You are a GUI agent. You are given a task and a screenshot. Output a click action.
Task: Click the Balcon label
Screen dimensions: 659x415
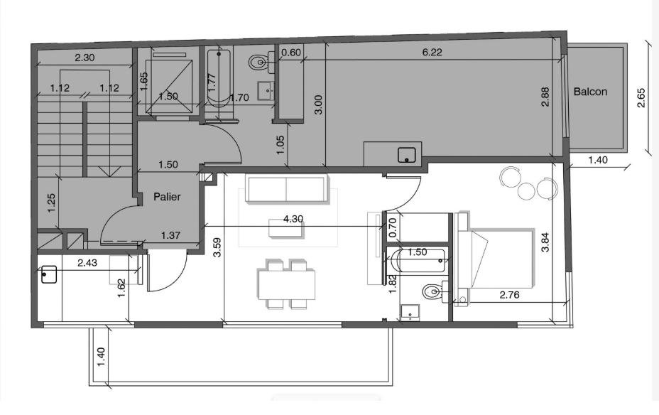coord(590,92)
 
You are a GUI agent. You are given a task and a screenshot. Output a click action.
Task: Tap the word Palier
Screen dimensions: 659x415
coord(167,196)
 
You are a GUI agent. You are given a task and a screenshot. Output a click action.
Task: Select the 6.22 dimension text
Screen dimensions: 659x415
coord(432,52)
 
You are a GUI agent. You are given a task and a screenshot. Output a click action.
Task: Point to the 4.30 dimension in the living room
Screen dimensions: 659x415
coord(293,219)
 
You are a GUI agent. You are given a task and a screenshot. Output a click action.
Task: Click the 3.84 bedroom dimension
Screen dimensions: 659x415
coord(545,242)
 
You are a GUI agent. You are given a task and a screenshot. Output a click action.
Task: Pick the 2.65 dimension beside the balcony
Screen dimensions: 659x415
coord(641,97)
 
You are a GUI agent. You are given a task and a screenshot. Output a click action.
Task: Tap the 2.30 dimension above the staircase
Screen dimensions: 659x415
coord(85,58)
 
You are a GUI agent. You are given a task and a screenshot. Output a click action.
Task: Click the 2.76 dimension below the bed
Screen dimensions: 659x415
coord(509,295)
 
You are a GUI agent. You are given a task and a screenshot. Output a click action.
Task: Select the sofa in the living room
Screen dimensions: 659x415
coord(286,189)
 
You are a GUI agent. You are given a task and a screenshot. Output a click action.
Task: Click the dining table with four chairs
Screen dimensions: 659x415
coord(287,285)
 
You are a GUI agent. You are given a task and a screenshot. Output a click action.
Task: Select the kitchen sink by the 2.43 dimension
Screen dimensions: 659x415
coord(49,274)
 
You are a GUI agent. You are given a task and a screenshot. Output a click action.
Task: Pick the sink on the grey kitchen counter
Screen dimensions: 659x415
coord(406,155)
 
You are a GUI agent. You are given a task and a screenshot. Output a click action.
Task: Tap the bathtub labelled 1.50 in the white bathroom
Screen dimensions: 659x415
coord(418,261)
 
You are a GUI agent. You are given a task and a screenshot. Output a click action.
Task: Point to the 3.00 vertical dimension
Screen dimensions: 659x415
coord(319,104)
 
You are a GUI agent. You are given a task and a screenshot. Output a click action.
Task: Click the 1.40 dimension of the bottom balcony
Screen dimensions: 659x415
coord(101,357)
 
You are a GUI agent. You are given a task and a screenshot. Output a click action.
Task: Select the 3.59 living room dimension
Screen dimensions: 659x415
coord(217,248)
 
